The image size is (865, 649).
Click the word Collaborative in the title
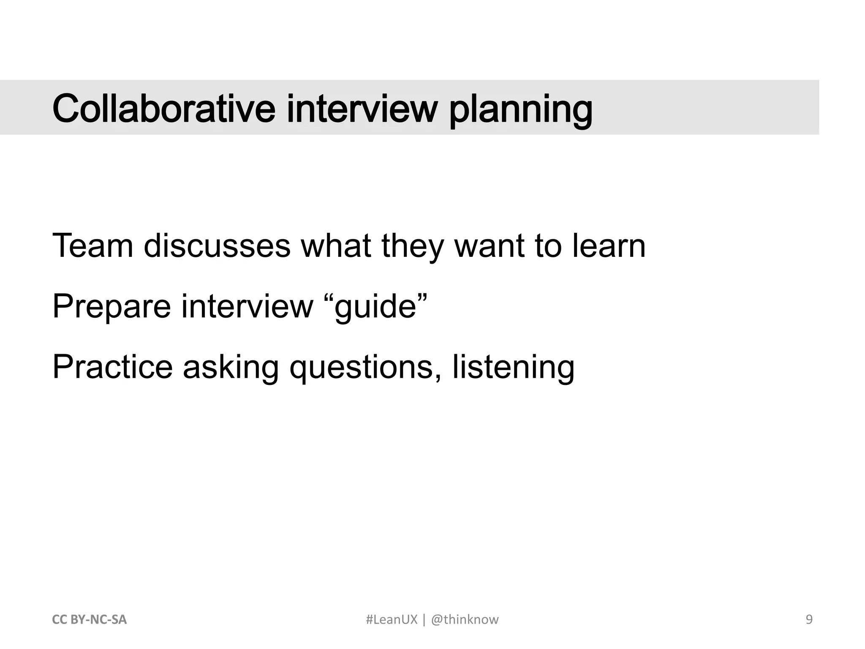164,109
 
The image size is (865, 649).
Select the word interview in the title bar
362,109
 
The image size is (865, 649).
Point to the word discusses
217,246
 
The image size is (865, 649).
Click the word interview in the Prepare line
248,306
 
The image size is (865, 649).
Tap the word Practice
112,367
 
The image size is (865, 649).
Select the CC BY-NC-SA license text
89,620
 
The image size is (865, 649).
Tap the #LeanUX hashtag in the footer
391,620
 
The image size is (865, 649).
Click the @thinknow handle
465,620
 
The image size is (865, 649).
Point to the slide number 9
809,620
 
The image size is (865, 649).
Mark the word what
336,246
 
